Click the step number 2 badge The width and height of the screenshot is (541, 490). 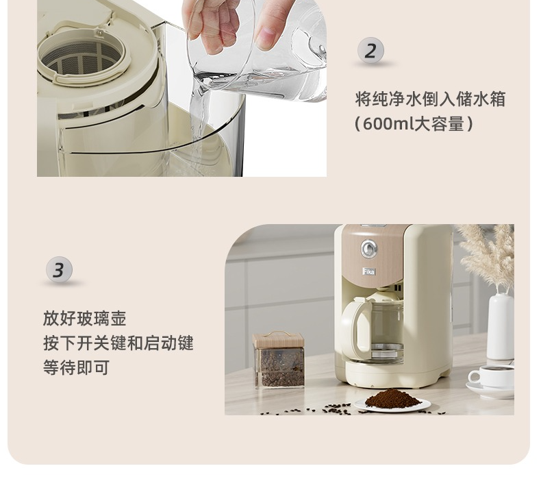point(370,51)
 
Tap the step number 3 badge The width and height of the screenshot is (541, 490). point(59,270)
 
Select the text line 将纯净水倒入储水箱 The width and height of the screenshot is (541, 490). point(430,99)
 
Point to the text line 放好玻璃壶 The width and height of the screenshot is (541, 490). point(84,319)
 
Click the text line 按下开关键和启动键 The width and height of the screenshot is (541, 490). point(118,343)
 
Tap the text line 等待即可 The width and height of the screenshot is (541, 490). point(76,367)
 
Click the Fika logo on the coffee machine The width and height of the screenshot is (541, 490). point(369,271)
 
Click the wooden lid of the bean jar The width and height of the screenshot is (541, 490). point(279,340)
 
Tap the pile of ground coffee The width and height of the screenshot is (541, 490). point(392,397)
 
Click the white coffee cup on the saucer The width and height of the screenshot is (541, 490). point(492,376)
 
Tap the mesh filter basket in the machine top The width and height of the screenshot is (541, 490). point(81,58)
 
